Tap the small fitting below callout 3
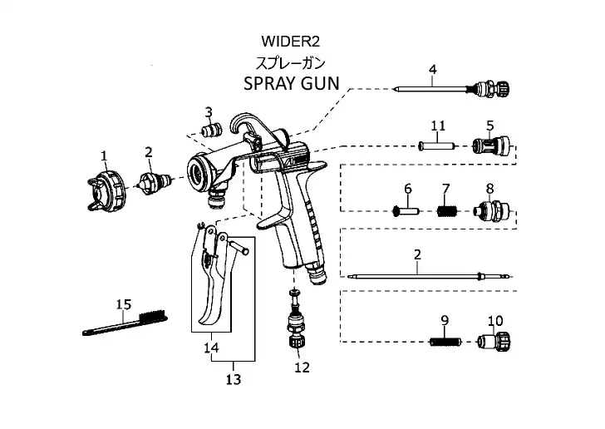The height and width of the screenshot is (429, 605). [209, 131]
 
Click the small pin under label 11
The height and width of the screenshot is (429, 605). [438, 145]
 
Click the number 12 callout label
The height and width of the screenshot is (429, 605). [302, 367]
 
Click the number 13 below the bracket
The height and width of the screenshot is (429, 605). [233, 379]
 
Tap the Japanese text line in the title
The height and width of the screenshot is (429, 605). [290, 62]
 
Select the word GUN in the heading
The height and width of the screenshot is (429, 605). [323, 84]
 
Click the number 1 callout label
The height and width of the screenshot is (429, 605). [105, 155]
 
